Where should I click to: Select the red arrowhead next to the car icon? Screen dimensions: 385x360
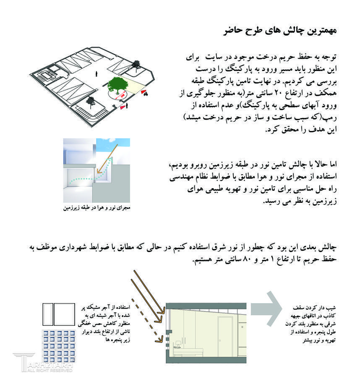point(143,90)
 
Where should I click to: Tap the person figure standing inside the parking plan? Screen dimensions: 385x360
point(97,74)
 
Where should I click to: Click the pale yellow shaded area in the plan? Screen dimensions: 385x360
point(133,86)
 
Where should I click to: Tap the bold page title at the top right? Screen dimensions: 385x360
point(280,31)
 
